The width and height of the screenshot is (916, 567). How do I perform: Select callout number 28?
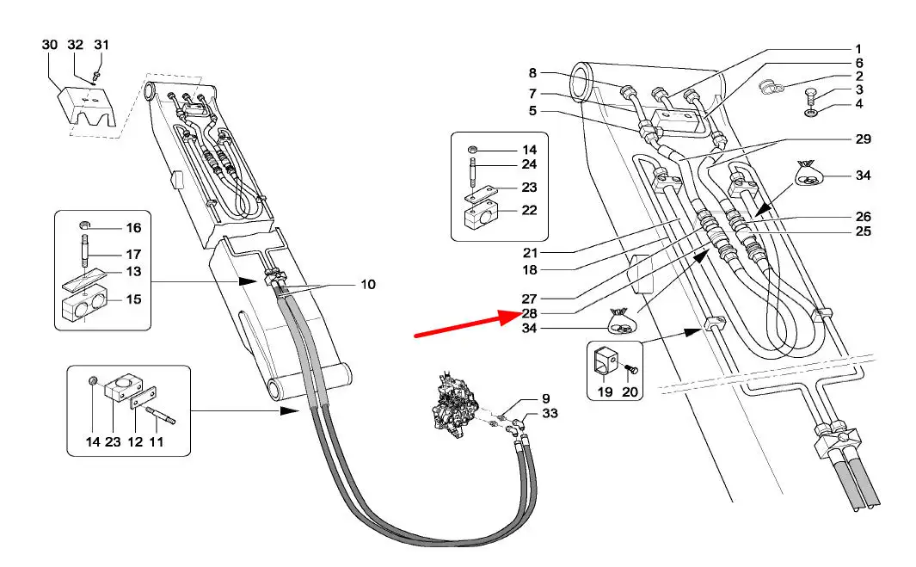tap(529, 312)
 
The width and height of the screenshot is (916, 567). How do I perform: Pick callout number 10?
tap(368, 284)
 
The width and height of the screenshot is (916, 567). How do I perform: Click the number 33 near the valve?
tap(550, 414)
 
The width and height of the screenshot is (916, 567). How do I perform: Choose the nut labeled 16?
tap(88, 228)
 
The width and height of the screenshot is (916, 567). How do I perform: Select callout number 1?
tap(858, 48)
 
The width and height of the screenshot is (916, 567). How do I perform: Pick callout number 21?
tap(529, 252)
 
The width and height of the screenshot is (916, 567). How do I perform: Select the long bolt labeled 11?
tap(160, 417)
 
